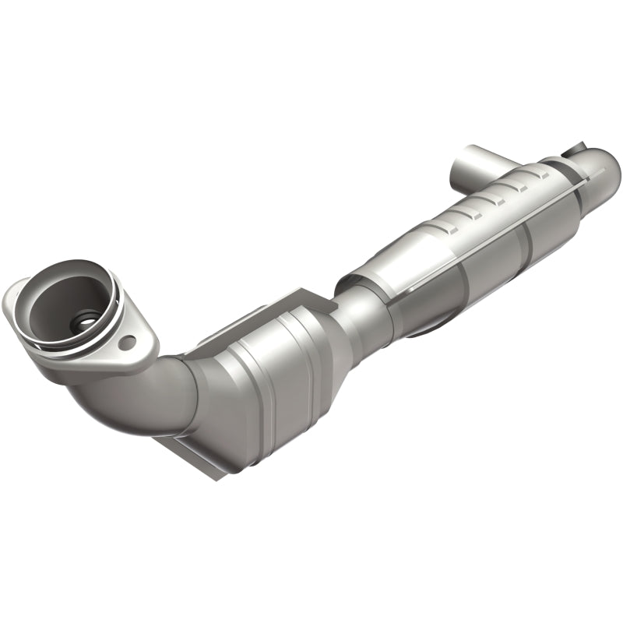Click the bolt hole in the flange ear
130,341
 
